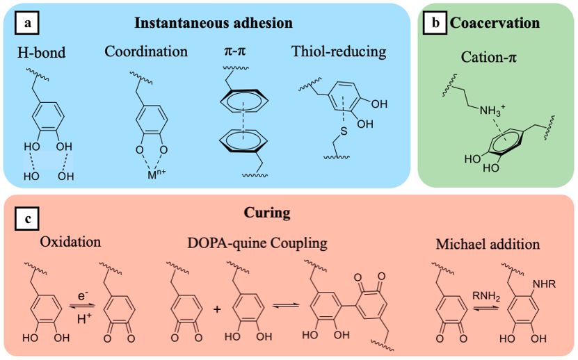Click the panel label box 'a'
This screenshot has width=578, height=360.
(27, 23)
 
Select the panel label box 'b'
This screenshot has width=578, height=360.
(436, 23)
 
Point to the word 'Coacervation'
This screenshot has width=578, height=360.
(495, 23)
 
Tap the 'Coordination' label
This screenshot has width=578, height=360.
(146, 51)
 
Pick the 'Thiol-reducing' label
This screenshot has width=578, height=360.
(339, 51)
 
